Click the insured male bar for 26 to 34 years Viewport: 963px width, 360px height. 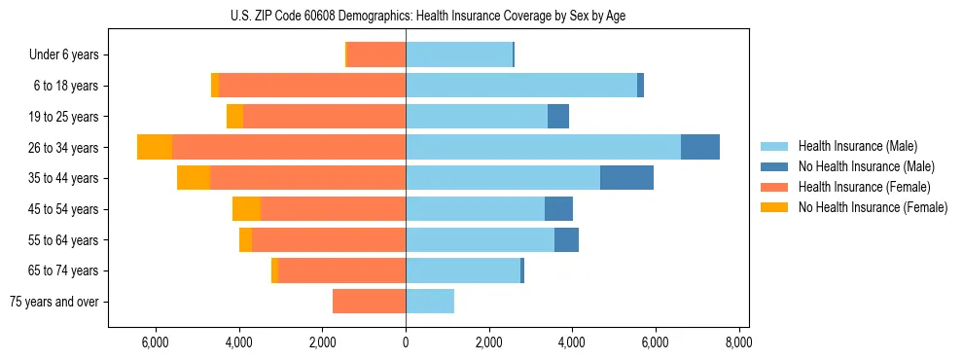coord(543,147)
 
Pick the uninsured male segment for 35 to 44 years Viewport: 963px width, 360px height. coord(626,178)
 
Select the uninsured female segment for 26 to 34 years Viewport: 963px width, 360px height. coord(155,147)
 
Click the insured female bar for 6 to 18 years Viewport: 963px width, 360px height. coord(312,86)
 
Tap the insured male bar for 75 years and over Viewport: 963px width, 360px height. coord(430,302)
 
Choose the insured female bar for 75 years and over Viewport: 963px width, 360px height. coord(369,302)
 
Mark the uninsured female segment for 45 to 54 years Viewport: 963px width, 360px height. coord(246,209)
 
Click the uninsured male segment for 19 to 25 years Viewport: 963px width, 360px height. coord(558,117)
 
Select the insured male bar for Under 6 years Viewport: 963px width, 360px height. coord(459,54)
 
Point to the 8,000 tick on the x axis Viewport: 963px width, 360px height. coord(738,342)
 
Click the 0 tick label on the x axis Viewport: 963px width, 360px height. coord(406,342)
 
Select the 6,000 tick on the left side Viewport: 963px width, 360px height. coord(156,342)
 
